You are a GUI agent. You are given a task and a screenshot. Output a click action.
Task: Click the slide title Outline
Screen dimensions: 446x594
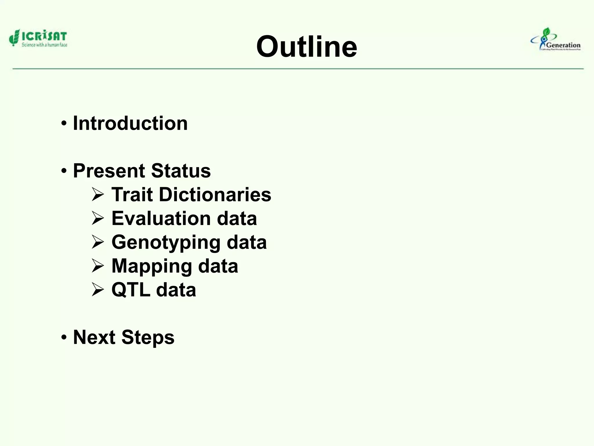tap(307, 47)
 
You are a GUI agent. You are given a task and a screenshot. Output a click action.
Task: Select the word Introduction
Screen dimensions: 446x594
tap(130, 123)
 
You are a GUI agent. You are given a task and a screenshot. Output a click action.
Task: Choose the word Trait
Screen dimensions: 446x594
tap(132, 194)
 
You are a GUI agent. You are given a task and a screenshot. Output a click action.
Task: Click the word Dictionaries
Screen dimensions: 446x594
tap(215, 194)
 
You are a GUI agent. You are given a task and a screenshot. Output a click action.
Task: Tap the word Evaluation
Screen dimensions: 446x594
tap(161, 218)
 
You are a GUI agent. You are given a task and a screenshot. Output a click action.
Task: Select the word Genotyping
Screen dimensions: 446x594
tap(166, 243)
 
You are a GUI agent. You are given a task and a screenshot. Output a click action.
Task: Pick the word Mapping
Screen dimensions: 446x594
tap(151, 266)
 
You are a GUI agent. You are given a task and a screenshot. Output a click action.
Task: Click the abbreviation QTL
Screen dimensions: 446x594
tap(131, 290)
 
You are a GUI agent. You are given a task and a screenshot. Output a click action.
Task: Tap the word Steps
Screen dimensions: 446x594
tap(148, 338)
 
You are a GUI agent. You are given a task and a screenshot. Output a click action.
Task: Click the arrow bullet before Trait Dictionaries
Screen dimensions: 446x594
tap(98, 195)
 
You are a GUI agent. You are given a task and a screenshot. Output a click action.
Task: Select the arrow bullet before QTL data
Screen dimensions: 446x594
tap(98, 290)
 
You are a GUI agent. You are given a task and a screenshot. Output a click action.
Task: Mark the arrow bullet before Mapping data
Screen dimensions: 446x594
tap(98, 266)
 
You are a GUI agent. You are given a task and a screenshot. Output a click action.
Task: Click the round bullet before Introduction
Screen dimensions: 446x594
tap(64, 124)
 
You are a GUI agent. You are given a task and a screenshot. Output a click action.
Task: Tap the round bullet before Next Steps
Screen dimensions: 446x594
tap(64, 338)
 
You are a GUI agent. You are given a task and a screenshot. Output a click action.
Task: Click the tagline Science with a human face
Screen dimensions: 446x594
tap(44, 45)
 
